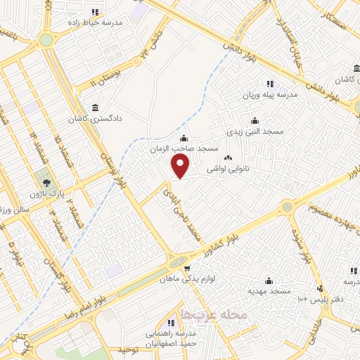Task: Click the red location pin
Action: click(x=181, y=166)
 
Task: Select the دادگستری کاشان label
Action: click(x=94, y=119)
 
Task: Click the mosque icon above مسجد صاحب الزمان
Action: click(x=184, y=138)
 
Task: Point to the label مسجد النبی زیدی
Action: click(x=254, y=131)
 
